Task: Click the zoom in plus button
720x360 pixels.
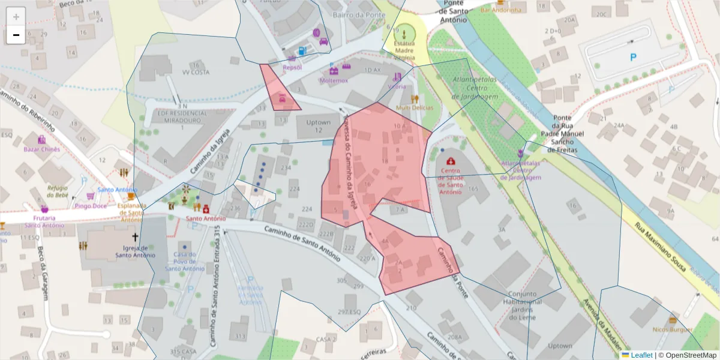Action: pyautogui.click(x=16, y=17)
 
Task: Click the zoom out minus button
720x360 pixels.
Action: pyautogui.click(x=16, y=35)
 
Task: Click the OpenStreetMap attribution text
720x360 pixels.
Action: pyautogui.click(x=688, y=355)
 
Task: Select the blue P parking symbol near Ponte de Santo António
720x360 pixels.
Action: pyautogui.click(x=632, y=58)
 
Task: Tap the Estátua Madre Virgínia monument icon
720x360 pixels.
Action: pyautogui.click(x=404, y=32)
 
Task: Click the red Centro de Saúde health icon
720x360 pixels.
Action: pyautogui.click(x=451, y=161)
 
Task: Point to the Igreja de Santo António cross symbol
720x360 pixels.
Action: pyautogui.click(x=135, y=237)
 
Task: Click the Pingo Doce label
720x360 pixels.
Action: pyautogui.click(x=91, y=206)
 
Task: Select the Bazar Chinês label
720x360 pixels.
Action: pyautogui.click(x=41, y=149)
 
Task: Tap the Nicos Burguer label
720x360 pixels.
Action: pyautogui.click(x=673, y=329)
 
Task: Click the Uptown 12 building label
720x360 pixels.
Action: pyautogui.click(x=319, y=126)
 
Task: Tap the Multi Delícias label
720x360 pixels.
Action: pyautogui.click(x=415, y=107)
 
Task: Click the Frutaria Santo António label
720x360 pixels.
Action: pyautogui.click(x=45, y=221)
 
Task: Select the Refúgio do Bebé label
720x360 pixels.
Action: pyautogui.click(x=58, y=191)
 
